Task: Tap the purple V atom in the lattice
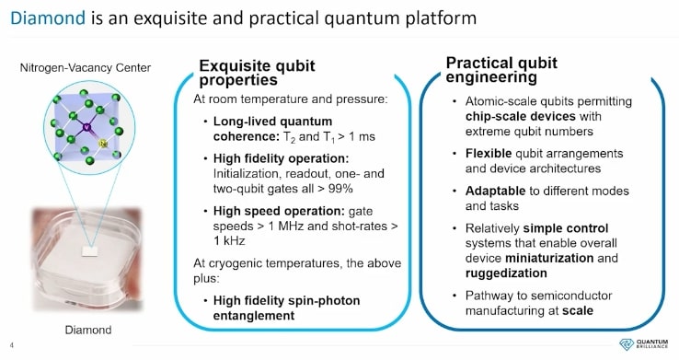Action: click(x=85, y=128)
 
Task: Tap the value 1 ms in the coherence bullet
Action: click(x=362, y=136)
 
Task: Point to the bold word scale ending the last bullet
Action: click(x=576, y=310)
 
